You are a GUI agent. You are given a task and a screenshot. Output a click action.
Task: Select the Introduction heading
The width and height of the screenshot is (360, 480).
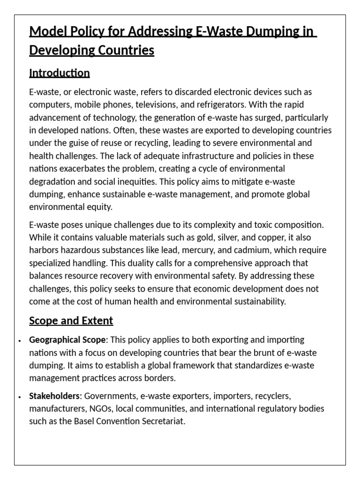click(x=60, y=73)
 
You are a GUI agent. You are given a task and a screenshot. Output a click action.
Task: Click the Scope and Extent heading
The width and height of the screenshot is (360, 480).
click(x=71, y=321)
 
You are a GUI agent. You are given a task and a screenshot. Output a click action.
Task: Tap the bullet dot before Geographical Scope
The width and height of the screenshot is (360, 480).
click(x=19, y=340)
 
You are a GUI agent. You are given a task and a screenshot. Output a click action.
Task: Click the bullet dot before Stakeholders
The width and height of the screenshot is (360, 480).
click(x=19, y=397)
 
